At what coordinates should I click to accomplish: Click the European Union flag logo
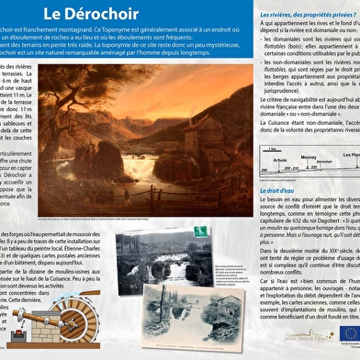pos(349,332)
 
